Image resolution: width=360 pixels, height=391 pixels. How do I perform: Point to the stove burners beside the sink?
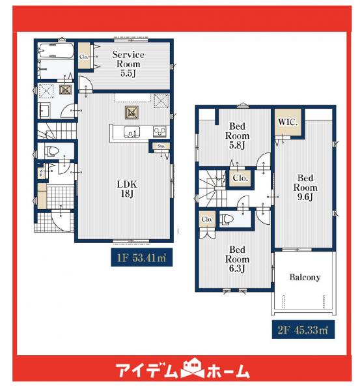coord(159,133)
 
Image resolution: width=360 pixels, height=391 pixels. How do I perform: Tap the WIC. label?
coord(287,122)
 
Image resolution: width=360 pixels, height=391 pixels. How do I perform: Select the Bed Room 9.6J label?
coord(305,188)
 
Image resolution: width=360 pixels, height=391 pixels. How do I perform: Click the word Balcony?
coord(305,277)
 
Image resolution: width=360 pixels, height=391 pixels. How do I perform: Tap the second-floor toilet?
coord(228,220)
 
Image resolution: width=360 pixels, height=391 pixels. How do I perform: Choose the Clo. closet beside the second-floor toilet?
coord(207,220)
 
